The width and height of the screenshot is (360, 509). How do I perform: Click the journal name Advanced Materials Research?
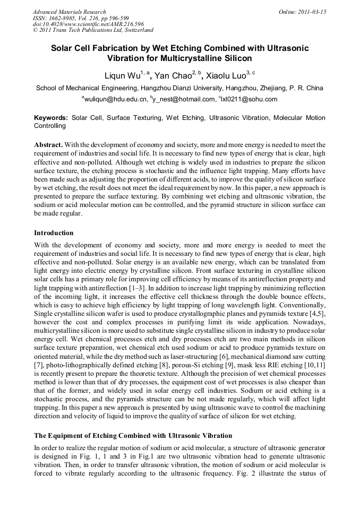[x=69, y=12]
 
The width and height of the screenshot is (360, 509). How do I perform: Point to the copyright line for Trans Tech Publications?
[x=93, y=31]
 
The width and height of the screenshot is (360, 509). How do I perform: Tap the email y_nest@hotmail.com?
[x=184, y=99]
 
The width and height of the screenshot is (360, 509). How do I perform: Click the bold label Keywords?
[x=51, y=117]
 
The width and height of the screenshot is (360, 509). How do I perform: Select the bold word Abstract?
[x=49, y=144]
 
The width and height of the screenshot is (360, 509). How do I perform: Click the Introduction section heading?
[x=54, y=232]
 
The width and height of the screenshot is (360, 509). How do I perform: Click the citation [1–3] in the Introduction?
[x=144, y=287]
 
